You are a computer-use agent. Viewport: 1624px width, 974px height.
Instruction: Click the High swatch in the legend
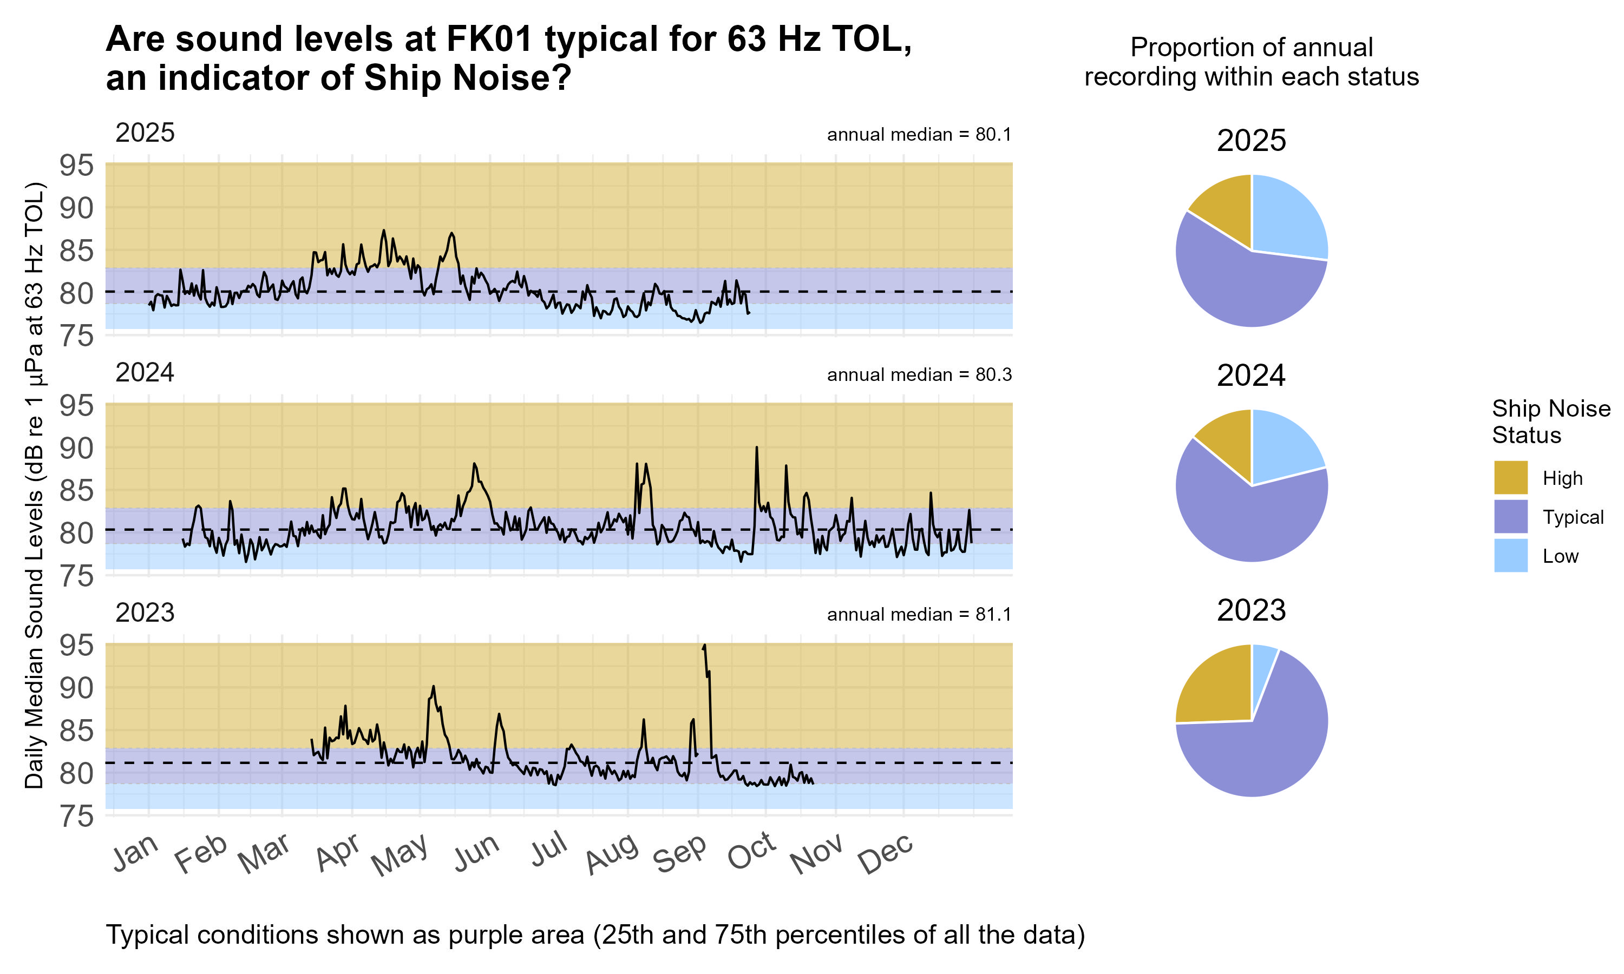(1510, 477)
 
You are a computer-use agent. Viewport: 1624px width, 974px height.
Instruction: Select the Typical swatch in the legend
(1510, 517)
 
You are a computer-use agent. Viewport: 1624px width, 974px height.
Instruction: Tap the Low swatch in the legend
(1510, 555)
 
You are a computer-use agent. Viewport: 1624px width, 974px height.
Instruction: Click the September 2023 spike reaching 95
(704, 647)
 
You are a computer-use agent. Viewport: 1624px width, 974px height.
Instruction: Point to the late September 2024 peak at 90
(757, 448)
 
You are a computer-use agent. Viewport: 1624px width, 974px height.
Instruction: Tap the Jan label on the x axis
(135, 853)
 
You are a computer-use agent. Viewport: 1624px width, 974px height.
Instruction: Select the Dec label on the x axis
(886, 853)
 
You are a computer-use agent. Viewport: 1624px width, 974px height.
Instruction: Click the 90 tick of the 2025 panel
(77, 209)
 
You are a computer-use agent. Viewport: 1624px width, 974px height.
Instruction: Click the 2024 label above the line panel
(145, 373)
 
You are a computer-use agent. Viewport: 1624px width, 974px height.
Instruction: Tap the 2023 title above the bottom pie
(1250, 610)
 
